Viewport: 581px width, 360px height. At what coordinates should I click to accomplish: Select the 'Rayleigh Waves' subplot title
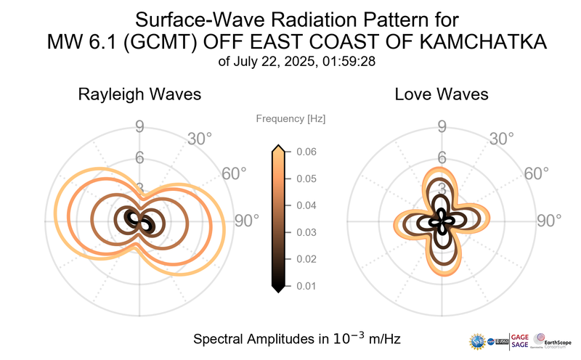[139, 95]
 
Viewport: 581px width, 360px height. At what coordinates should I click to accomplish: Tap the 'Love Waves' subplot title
[441, 95]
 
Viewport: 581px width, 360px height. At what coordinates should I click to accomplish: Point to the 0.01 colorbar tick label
[304, 286]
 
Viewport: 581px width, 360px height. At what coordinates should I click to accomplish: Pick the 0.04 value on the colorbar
[304, 205]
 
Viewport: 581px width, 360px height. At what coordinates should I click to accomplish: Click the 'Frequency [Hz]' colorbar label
[290, 118]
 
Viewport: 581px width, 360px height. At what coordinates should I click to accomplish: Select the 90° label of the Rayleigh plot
[246, 221]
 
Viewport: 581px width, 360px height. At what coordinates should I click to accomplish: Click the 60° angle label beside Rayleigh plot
[234, 174]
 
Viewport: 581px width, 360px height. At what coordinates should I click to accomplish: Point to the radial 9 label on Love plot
[442, 128]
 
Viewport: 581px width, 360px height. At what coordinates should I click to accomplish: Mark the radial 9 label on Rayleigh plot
[139, 128]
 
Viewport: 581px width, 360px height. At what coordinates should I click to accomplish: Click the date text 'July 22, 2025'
[272, 62]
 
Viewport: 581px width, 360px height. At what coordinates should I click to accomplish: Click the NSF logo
[478, 341]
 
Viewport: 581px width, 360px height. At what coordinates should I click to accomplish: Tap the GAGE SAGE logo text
[521, 341]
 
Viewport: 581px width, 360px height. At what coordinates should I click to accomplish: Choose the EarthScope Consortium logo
[553, 341]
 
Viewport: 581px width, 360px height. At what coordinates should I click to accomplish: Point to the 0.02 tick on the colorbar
[304, 259]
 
